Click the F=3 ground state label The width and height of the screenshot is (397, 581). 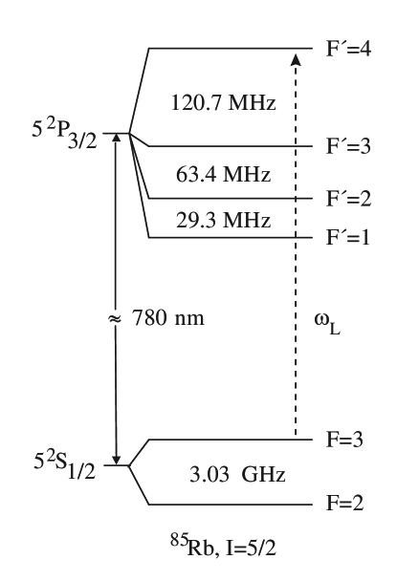(347, 441)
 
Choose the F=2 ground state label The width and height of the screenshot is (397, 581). (347, 504)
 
